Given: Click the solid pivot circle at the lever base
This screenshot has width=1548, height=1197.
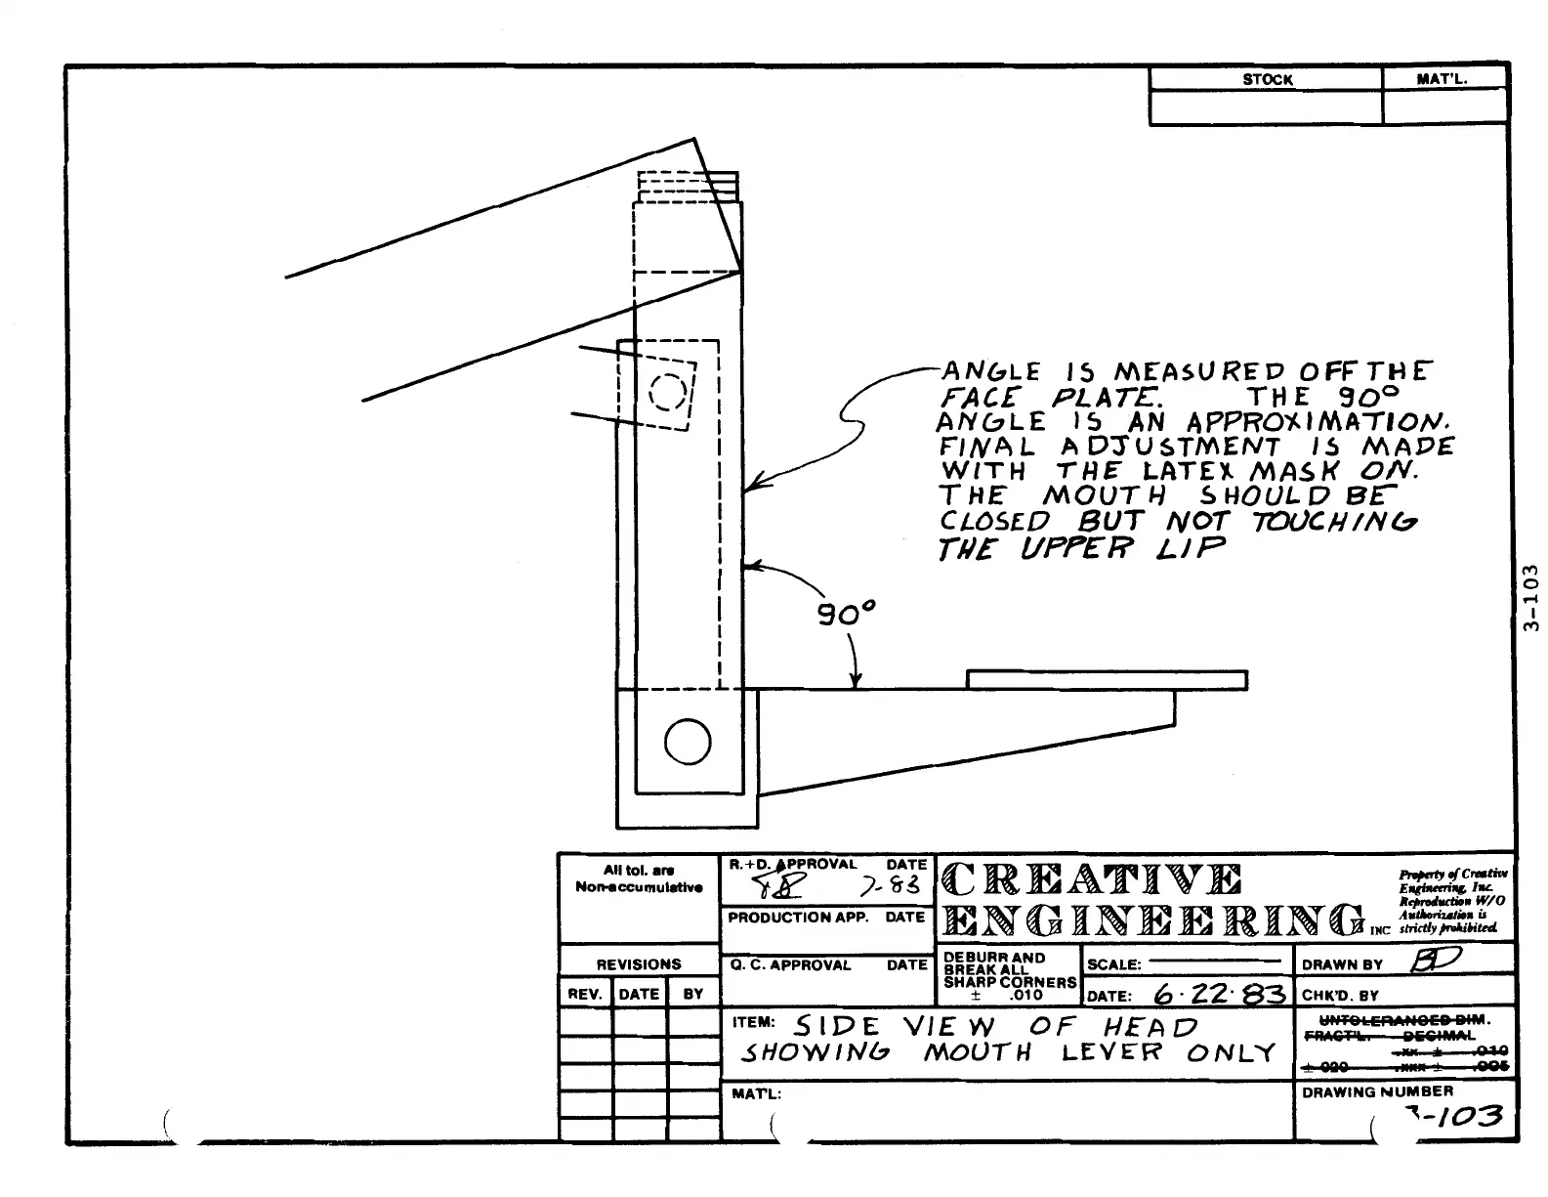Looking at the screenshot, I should tap(688, 743).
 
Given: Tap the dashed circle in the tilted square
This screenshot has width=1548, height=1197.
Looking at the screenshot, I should tap(668, 392).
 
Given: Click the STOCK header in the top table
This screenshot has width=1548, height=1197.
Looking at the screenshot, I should tap(1267, 80).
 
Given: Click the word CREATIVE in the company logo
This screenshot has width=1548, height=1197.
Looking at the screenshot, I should tap(1091, 879).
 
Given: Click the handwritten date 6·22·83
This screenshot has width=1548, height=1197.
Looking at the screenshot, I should tap(1219, 994).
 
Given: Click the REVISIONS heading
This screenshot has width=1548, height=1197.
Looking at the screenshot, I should tap(639, 964).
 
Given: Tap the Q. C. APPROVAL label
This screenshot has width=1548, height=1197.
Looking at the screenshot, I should tap(790, 965).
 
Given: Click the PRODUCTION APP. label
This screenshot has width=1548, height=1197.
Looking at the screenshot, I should tap(798, 918).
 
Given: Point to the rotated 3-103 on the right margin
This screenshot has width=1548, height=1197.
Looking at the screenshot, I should tap(1530, 598).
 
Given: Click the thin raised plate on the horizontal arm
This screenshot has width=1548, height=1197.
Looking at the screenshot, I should tap(1107, 679).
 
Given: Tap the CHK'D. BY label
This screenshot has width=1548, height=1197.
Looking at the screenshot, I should tap(1340, 996).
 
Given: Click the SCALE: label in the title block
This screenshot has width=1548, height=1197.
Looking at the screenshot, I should tap(1113, 964).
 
